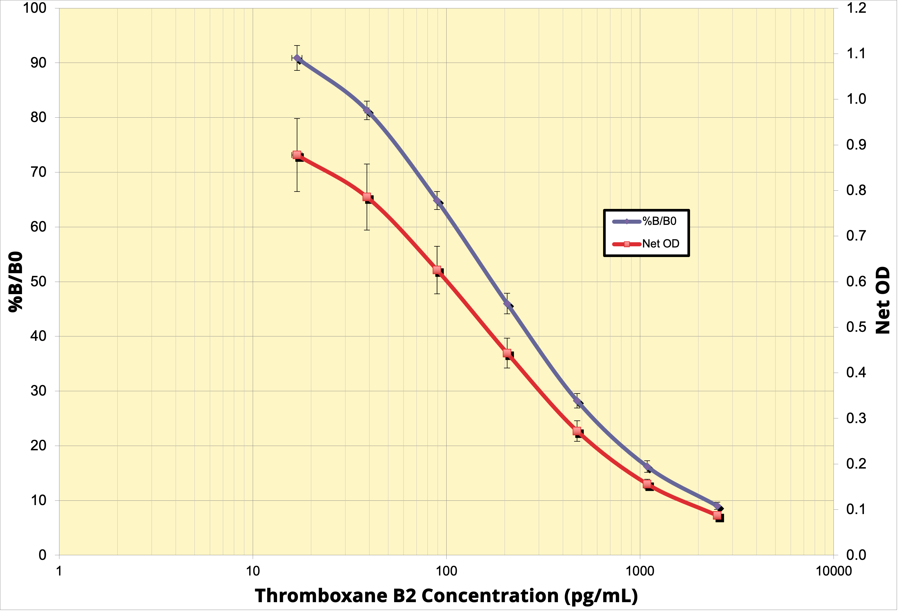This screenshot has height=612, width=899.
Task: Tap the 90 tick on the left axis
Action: click(38, 63)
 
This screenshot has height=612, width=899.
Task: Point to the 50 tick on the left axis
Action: click(38, 282)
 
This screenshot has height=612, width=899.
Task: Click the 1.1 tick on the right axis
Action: click(856, 53)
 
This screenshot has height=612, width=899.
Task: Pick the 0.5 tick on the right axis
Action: click(856, 327)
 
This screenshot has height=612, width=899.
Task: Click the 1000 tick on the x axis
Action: click(640, 571)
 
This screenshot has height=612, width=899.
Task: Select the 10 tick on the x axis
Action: click(253, 571)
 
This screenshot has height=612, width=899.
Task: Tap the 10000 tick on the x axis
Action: click(834, 571)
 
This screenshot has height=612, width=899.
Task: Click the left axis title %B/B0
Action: click(15, 282)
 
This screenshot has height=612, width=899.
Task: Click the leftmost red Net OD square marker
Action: click(297, 155)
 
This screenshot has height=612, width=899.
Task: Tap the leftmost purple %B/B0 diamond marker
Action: click(297, 58)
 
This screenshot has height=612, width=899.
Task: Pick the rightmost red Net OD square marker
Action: click(717, 515)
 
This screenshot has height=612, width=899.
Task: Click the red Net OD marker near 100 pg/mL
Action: click(437, 270)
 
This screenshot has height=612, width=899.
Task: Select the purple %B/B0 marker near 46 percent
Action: click(507, 304)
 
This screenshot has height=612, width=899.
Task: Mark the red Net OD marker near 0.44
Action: click(507, 353)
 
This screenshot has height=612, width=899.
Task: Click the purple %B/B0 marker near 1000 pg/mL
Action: click(647, 467)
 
